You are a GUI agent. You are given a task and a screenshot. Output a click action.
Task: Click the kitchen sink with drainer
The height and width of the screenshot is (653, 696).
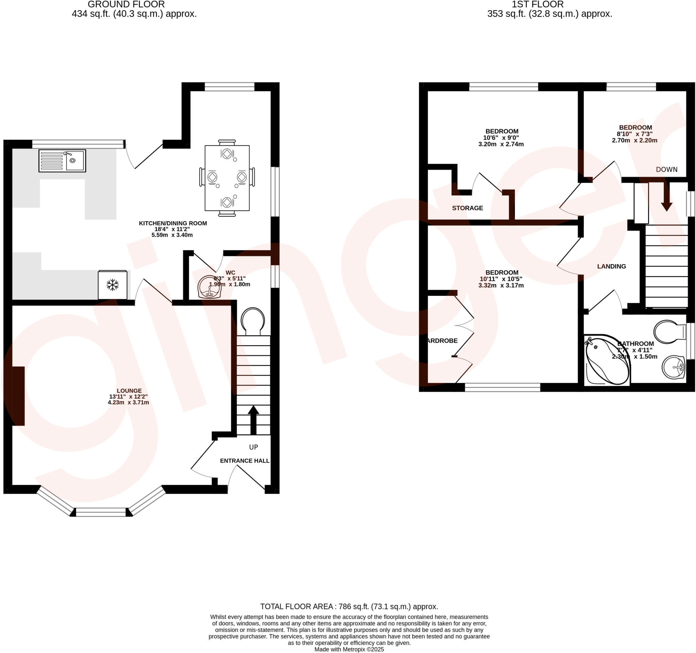(62, 161)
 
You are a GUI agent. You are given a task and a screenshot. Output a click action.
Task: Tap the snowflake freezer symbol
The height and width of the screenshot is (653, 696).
(112, 285)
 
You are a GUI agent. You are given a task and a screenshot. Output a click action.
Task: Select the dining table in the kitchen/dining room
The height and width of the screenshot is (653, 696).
(227, 178)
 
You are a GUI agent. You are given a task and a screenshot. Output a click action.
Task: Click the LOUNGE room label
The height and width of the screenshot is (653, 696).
(129, 390)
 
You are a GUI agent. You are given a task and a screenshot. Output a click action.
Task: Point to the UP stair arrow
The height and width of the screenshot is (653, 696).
(253, 420)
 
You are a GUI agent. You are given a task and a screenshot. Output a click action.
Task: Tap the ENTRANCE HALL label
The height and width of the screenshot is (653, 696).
(245, 461)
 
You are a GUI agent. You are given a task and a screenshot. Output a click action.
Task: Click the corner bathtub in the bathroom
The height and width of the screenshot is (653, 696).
(606, 361)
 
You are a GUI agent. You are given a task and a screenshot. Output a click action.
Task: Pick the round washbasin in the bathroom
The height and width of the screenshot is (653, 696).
(673, 367)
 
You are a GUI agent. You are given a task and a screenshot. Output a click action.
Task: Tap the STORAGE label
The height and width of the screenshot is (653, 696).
(467, 208)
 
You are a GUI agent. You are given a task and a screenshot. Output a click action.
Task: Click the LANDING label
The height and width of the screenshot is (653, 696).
(611, 266)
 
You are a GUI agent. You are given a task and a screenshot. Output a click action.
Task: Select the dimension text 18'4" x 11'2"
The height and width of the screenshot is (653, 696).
(172, 229)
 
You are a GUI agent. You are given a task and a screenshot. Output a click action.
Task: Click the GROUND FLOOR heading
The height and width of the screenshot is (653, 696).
(126, 4)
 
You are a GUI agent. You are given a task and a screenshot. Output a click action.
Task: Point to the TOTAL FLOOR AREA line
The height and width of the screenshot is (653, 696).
(349, 606)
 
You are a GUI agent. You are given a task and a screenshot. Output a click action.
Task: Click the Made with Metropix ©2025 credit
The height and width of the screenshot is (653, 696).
(349, 650)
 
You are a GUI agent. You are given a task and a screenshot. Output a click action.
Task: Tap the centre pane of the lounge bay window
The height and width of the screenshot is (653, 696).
(101, 512)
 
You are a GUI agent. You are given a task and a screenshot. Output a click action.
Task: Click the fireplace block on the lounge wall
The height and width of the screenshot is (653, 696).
(19, 396)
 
